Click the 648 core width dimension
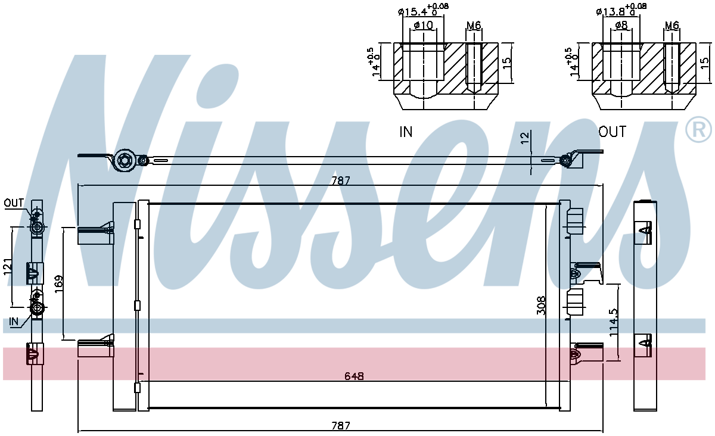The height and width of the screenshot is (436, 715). point(354,376)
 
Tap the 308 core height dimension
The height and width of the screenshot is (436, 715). point(542,306)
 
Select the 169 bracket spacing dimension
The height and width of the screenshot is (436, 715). point(59,284)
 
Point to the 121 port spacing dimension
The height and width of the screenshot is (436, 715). point(7,267)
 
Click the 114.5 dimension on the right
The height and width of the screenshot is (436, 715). point(614,322)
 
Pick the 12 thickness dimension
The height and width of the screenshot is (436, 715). point(525,137)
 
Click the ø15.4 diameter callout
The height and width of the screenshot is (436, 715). point(423,10)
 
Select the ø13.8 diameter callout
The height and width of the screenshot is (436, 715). point(621,10)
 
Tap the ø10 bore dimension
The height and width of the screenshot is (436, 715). point(423,25)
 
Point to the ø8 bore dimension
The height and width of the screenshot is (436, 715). point(621,25)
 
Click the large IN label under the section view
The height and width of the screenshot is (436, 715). point(406,132)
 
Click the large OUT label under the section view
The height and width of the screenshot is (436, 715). point(613,132)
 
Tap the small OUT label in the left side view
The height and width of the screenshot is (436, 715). point(14,203)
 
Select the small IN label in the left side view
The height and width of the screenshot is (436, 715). point(14,322)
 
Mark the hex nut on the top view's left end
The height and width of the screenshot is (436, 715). point(125,160)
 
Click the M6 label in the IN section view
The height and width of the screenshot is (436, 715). point(474,25)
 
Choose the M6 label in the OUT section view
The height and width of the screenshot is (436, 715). point(672,25)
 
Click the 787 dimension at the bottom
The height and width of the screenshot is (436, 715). point(341,425)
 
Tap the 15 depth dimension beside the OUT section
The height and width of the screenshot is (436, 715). point(704,63)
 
